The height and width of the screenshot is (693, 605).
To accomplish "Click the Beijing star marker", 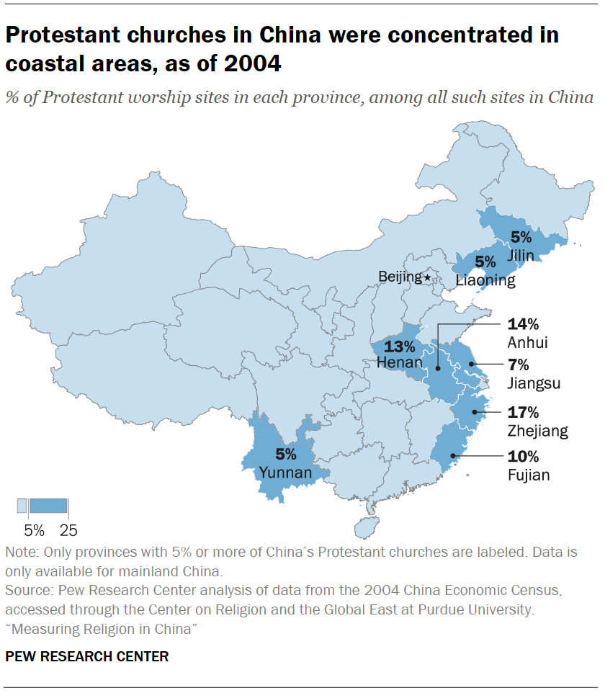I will (428, 277).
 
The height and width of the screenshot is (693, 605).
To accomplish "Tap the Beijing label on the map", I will (400, 277).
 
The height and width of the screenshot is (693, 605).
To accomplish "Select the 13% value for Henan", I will (397, 346).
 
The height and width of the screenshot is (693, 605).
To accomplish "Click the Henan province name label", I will (400, 362).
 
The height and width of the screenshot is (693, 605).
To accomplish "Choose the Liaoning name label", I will (485, 280).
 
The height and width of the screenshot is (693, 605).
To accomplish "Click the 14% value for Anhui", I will (523, 326).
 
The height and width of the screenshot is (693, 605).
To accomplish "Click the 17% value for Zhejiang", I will (523, 413).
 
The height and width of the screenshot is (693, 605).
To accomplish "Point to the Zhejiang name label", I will (537, 431).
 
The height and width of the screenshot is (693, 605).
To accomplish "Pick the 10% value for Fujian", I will (523, 457).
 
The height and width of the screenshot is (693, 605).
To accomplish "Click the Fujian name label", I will (528, 475).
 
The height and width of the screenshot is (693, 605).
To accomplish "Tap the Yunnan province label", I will (286, 473).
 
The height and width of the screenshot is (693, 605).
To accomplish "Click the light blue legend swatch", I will (22, 506).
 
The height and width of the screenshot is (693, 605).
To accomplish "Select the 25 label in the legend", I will (68, 531).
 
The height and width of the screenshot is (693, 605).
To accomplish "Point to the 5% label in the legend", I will (35, 531).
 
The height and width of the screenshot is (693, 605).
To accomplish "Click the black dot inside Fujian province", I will (452, 455).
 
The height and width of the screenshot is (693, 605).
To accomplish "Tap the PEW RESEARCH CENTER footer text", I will (86, 656).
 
